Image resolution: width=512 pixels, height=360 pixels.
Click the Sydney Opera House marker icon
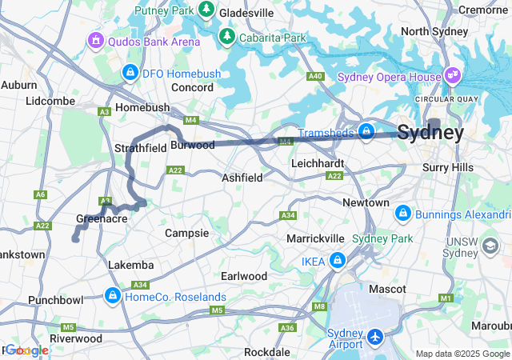pos(454,76)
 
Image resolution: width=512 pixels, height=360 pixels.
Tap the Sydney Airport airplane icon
pos(376,338)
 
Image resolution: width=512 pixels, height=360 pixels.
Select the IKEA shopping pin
pos(338,261)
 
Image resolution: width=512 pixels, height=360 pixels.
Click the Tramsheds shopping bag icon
pos(366,131)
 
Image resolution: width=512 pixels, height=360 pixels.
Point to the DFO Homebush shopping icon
pos(129,74)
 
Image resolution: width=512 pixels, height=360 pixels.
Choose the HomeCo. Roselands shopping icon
pos(112,297)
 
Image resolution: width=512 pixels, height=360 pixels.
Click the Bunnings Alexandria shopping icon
pos(402,214)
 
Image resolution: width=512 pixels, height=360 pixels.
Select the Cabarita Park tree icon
pos(227,38)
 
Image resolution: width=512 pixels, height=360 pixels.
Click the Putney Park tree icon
pos(206,10)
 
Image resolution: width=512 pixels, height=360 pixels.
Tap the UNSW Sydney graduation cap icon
pos(487,249)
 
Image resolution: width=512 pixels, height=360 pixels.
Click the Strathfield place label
pos(140,148)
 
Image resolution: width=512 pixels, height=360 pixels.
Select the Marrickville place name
pos(316,238)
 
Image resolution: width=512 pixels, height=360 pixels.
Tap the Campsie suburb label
pos(186,233)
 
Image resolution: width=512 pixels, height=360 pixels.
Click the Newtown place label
pos(366,203)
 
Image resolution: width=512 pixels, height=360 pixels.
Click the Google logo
pos(27,350)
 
